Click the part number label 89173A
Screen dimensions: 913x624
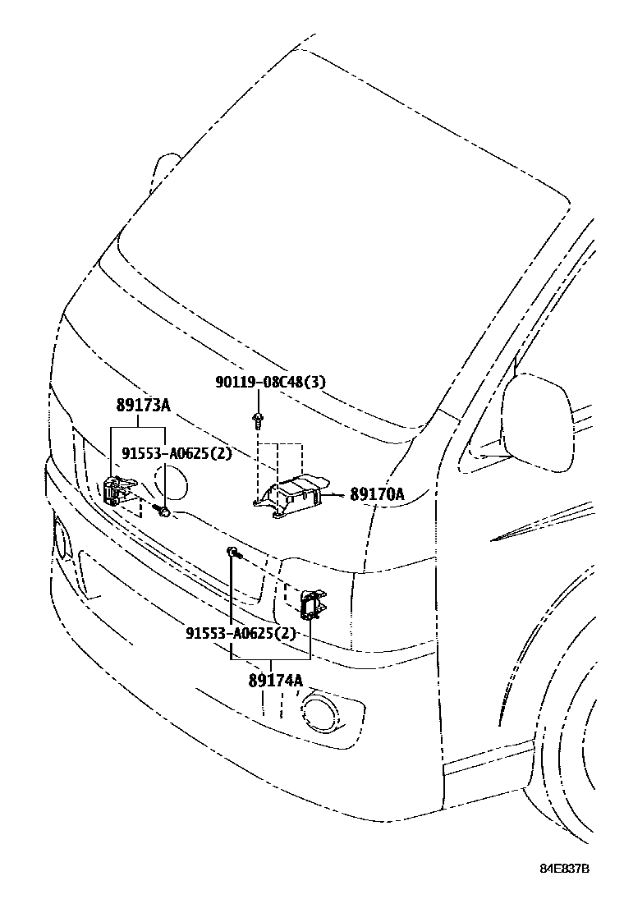(x=143, y=405)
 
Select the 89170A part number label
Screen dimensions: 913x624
(x=377, y=494)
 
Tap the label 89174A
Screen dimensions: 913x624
(x=276, y=681)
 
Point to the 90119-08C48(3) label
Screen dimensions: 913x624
(x=271, y=382)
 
